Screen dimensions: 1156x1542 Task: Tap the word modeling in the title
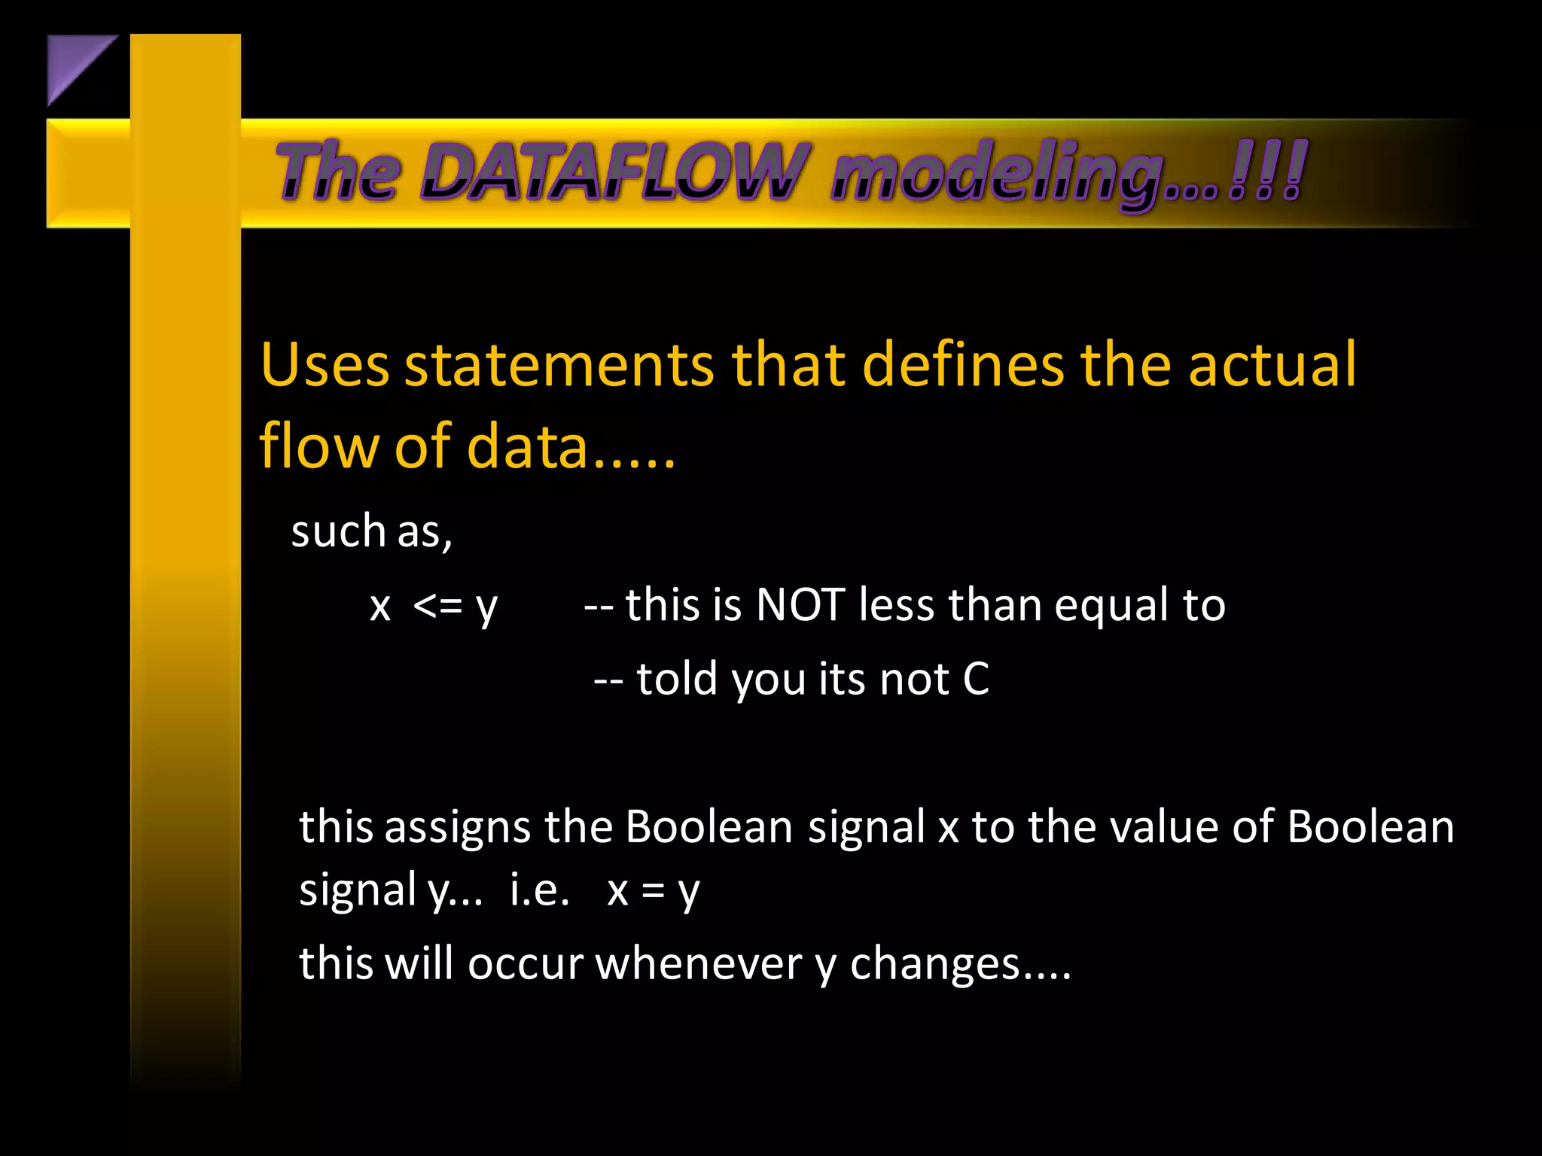pos(998,175)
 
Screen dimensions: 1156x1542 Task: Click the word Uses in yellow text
pos(325,365)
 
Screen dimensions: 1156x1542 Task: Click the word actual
pos(1272,365)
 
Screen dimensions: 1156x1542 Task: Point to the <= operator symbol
pos(437,605)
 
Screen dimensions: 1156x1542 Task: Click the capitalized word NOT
pos(800,604)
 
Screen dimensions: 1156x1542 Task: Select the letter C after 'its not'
pos(976,679)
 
